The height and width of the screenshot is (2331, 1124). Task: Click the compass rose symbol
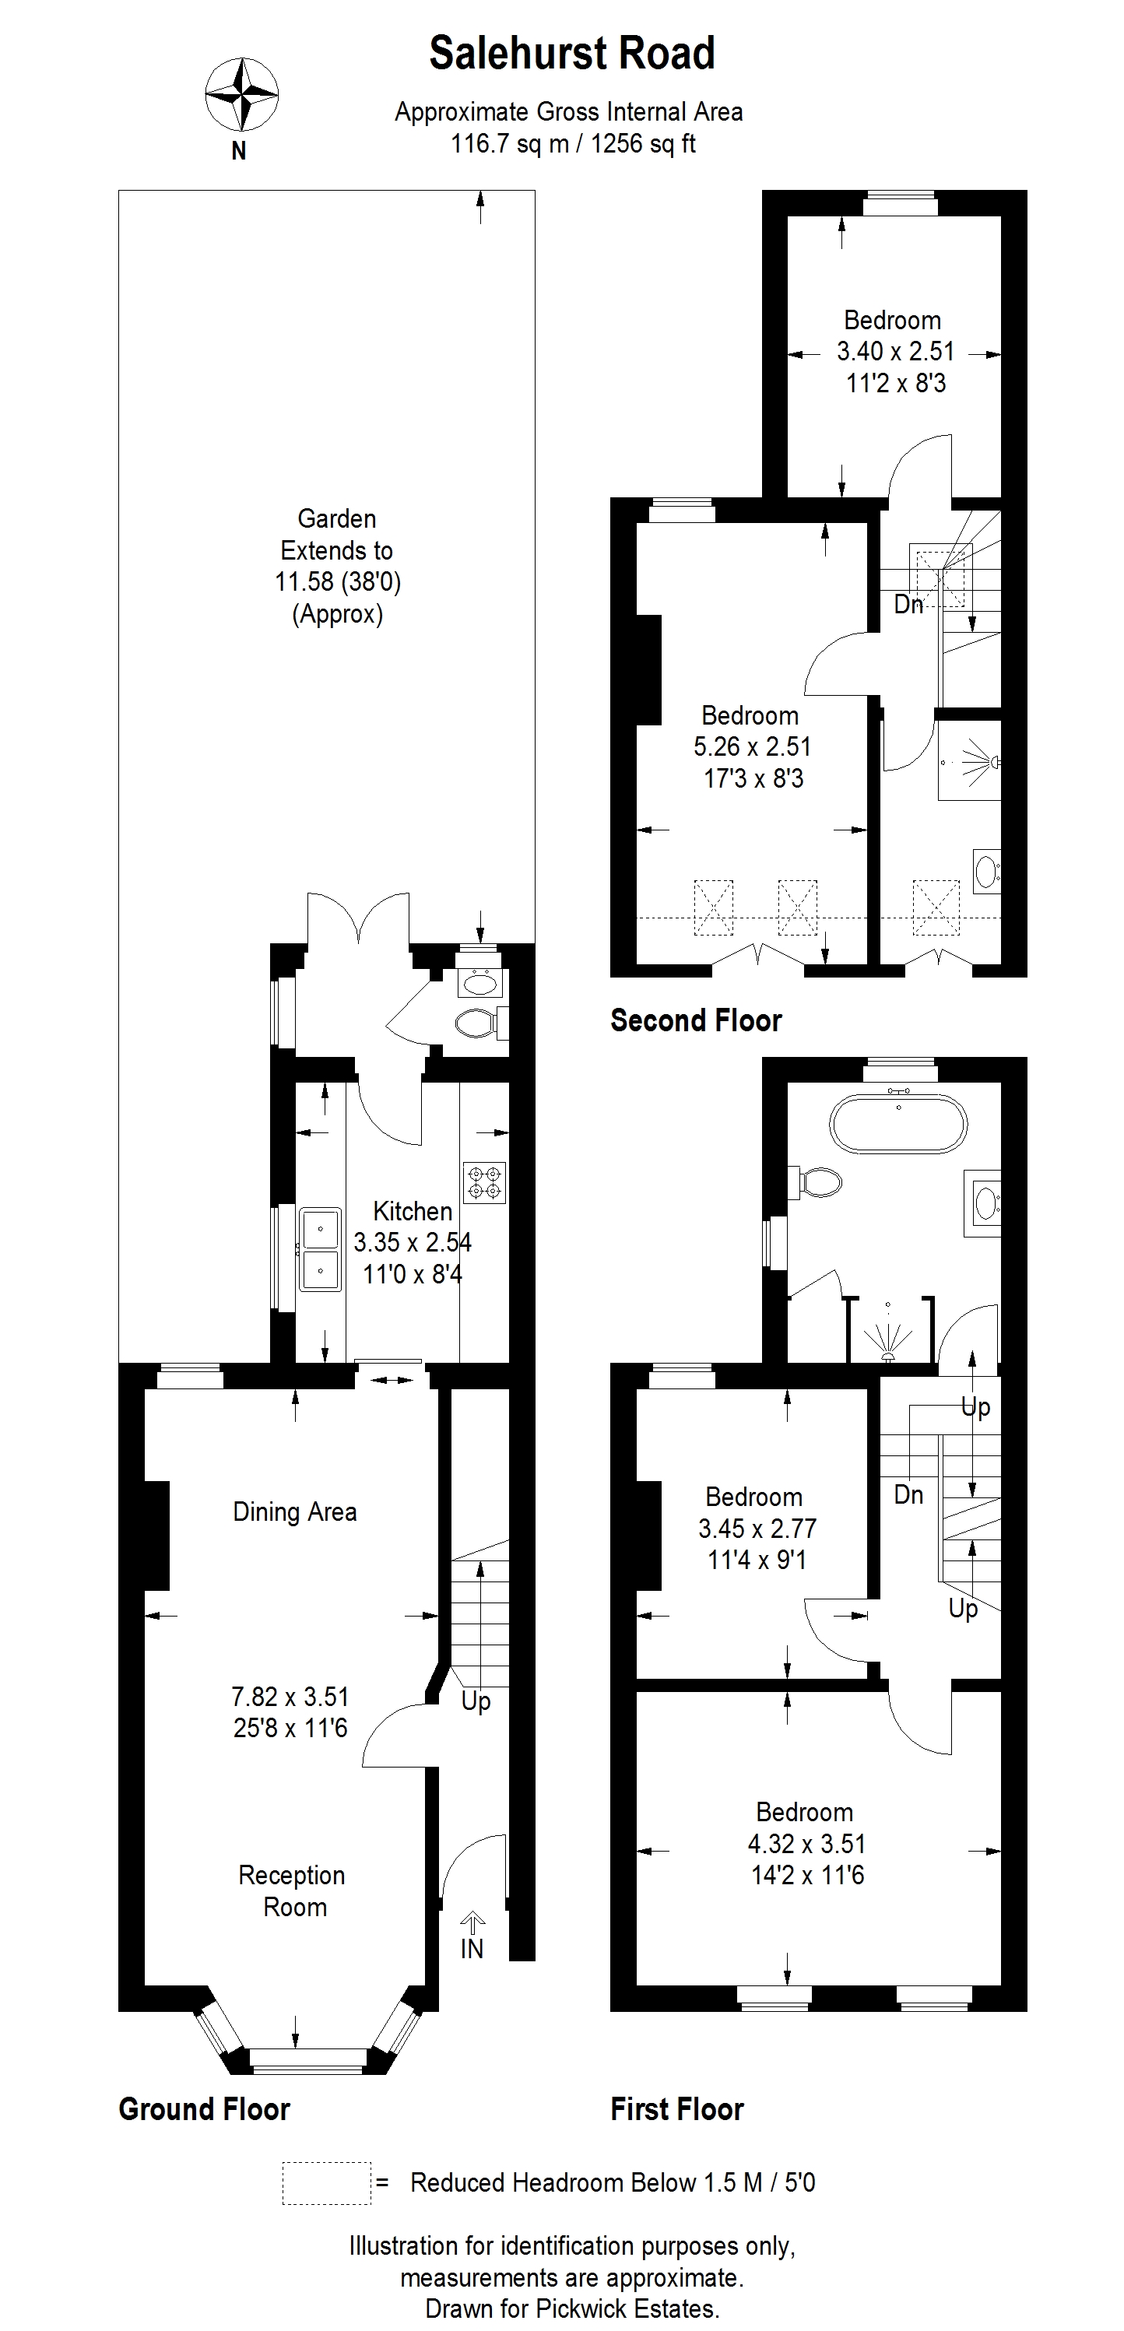tap(241, 94)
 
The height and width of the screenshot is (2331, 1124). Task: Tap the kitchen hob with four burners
tap(484, 1183)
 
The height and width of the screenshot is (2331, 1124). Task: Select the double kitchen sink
tap(321, 1248)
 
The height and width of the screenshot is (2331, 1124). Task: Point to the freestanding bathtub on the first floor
tap(897, 1124)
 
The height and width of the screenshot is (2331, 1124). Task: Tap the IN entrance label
tap(472, 1948)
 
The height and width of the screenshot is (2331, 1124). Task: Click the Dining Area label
tap(295, 1511)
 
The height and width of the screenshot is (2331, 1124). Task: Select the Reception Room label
tap(293, 1890)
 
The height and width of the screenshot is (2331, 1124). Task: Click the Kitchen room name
tap(413, 1211)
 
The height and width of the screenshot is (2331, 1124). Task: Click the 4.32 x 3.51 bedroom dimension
tap(806, 1843)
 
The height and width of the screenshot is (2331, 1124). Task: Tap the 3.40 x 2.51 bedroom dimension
tap(895, 351)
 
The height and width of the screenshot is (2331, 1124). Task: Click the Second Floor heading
tap(696, 1020)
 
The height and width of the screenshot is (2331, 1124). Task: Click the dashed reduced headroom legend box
tap(327, 2182)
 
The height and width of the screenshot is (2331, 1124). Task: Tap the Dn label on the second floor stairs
tap(908, 605)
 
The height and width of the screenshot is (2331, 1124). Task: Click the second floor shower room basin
tap(986, 870)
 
